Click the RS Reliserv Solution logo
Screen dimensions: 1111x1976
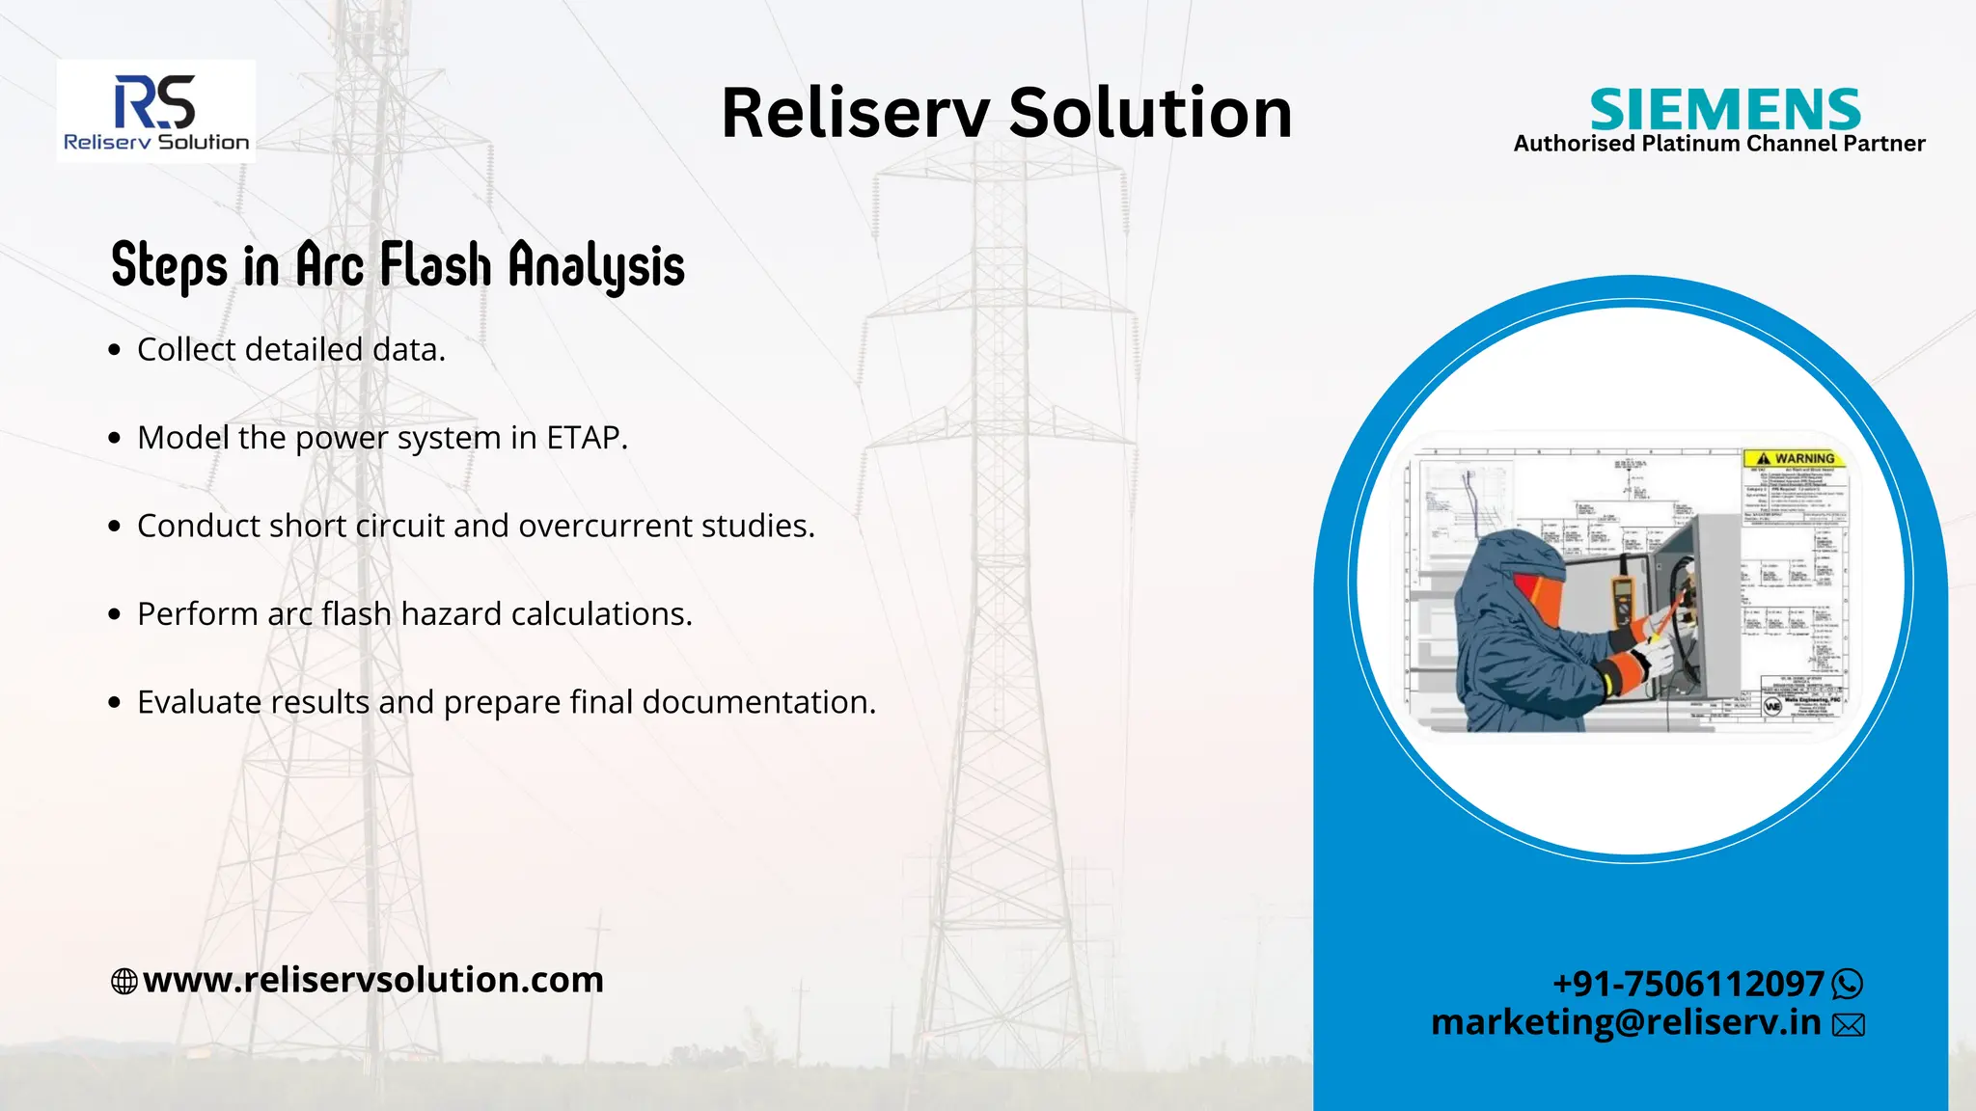coord(155,112)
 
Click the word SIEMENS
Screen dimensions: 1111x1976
coord(1724,109)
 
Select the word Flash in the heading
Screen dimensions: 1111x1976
coord(435,265)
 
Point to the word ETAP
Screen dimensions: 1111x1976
coord(586,438)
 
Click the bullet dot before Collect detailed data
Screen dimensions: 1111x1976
coord(115,350)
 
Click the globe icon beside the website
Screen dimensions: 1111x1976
coord(124,982)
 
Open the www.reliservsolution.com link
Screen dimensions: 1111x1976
coord(372,980)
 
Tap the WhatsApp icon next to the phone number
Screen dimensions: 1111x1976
coord(1847,985)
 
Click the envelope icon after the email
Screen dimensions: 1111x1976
coord(1848,1025)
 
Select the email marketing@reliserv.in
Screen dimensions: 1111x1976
coord(1625,1022)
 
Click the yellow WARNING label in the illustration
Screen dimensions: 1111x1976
coord(1796,459)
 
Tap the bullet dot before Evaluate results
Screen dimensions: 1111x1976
coord(115,703)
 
